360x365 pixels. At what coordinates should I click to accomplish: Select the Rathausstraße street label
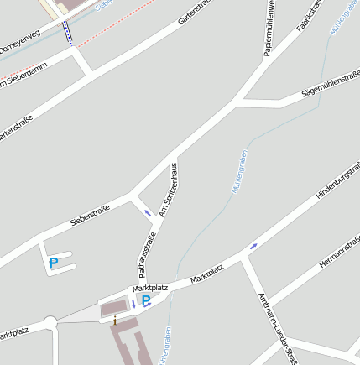147,253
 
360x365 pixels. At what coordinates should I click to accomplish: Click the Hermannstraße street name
339,251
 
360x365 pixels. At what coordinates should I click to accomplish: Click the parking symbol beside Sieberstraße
54,263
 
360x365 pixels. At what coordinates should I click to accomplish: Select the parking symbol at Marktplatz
146,300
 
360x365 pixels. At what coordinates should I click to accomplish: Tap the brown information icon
115,320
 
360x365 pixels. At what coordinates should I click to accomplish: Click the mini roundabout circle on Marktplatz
50,322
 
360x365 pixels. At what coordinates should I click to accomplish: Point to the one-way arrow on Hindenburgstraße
253,245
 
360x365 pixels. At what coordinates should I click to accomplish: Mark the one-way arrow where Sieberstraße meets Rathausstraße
148,212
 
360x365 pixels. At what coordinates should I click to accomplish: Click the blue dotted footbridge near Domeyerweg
67,32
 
